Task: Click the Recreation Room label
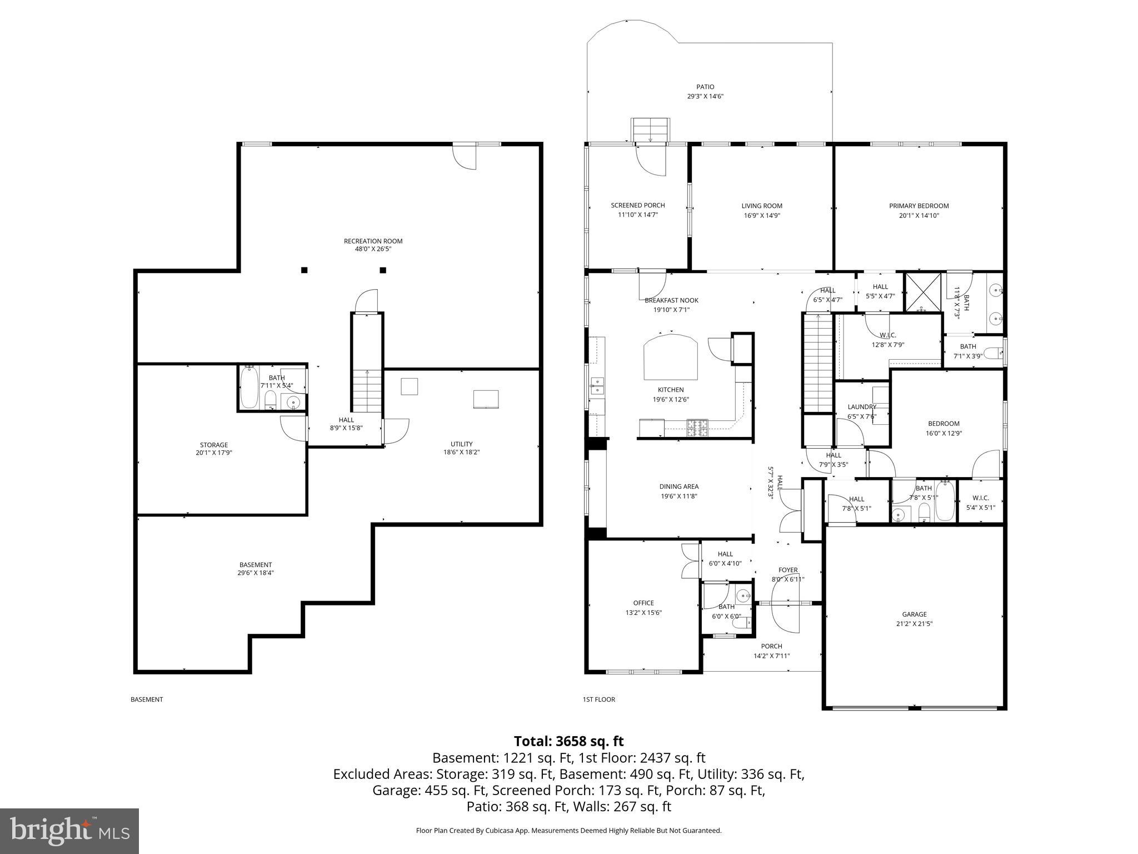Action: [x=373, y=241]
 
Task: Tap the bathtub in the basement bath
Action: [x=249, y=386]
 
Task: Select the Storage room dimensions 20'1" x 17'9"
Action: [x=214, y=453]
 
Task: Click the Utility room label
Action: [x=461, y=444]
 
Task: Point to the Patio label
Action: [x=705, y=87]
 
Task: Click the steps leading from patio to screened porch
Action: [x=650, y=131]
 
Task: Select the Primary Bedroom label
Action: [x=919, y=206]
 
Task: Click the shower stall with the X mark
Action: [x=923, y=291]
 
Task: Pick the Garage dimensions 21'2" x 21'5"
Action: [x=914, y=624]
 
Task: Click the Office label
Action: [x=643, y=603]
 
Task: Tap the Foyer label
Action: [x=788, y=570]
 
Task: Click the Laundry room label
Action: [x=862, y=407]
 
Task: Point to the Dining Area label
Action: [x=678, y=486]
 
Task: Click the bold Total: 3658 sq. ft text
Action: [x=568, y=741]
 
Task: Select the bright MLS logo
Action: [x=69, y=831]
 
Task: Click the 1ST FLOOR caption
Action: [x=598, y=699]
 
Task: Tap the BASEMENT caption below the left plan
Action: [x=147, y=699]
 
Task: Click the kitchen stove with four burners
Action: [x=698, y=427]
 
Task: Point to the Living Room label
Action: [x=761, y=206]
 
